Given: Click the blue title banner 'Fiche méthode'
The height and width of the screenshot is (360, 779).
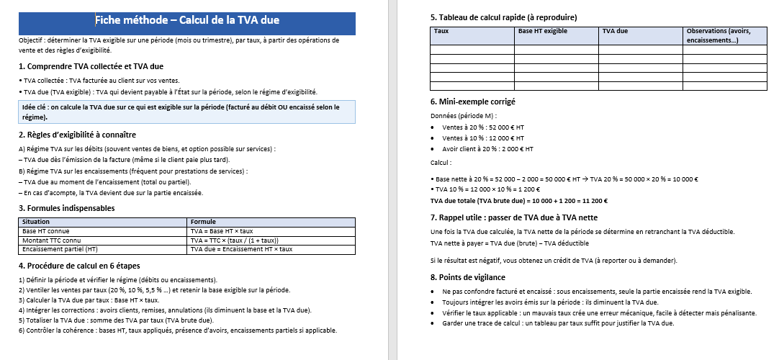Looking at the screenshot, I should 187,21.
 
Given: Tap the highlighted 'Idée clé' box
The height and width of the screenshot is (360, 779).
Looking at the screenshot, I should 187,112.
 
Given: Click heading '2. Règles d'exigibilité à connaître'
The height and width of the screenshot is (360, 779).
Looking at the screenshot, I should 77,135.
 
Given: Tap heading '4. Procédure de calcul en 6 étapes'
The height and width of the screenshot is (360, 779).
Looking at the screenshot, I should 78,266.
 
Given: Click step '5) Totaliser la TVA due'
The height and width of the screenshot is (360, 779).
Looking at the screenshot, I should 116,320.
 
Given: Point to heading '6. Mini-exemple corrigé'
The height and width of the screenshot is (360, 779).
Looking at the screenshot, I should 472,102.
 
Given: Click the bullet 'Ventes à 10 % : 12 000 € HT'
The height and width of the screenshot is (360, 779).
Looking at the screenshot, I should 483,138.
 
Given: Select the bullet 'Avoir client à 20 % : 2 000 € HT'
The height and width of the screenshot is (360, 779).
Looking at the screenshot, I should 488,149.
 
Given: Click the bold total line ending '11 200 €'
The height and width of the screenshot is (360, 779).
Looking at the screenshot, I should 519,201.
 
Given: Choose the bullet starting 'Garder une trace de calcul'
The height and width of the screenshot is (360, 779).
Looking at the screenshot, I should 558,323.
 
